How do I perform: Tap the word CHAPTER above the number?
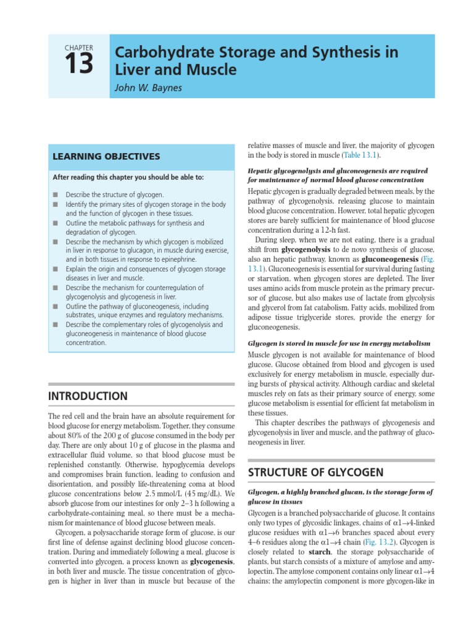(78, 48)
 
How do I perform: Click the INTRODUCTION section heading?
(89, 396)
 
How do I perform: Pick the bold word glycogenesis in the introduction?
(212, 563)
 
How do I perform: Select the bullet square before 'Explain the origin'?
(55, 269)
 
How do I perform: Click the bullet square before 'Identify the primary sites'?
(55, 204)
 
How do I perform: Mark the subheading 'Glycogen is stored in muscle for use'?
(339, 343)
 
